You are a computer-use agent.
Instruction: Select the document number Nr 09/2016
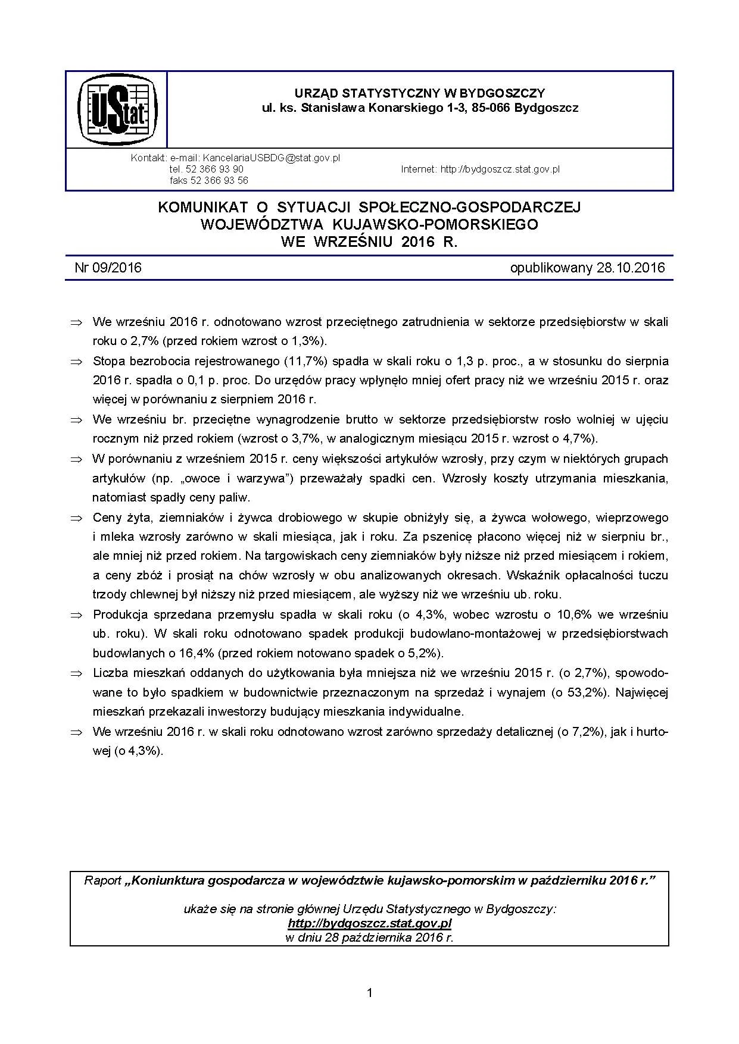tap(108, 268)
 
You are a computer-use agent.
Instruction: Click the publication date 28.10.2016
tap(629, 268)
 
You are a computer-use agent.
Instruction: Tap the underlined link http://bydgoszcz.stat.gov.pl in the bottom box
tap(369, 924)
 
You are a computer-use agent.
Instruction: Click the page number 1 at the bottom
tap(370, 993)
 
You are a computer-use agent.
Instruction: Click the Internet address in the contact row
tap(500, 170)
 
